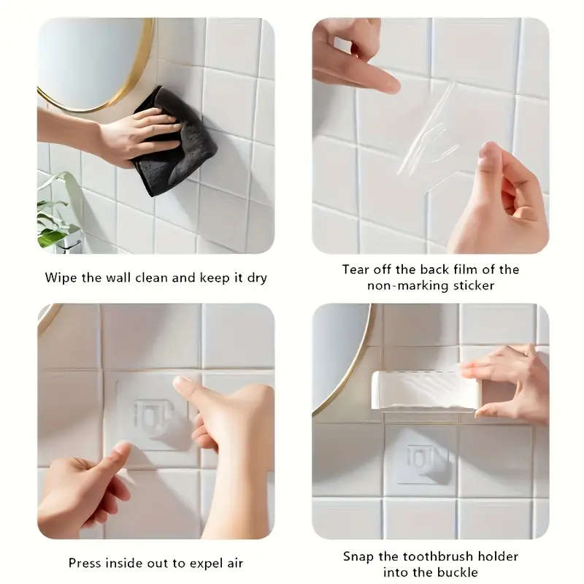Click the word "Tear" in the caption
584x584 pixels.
point(357,269)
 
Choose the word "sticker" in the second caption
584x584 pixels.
point(469,285)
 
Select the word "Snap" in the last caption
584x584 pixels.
point(358,556)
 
